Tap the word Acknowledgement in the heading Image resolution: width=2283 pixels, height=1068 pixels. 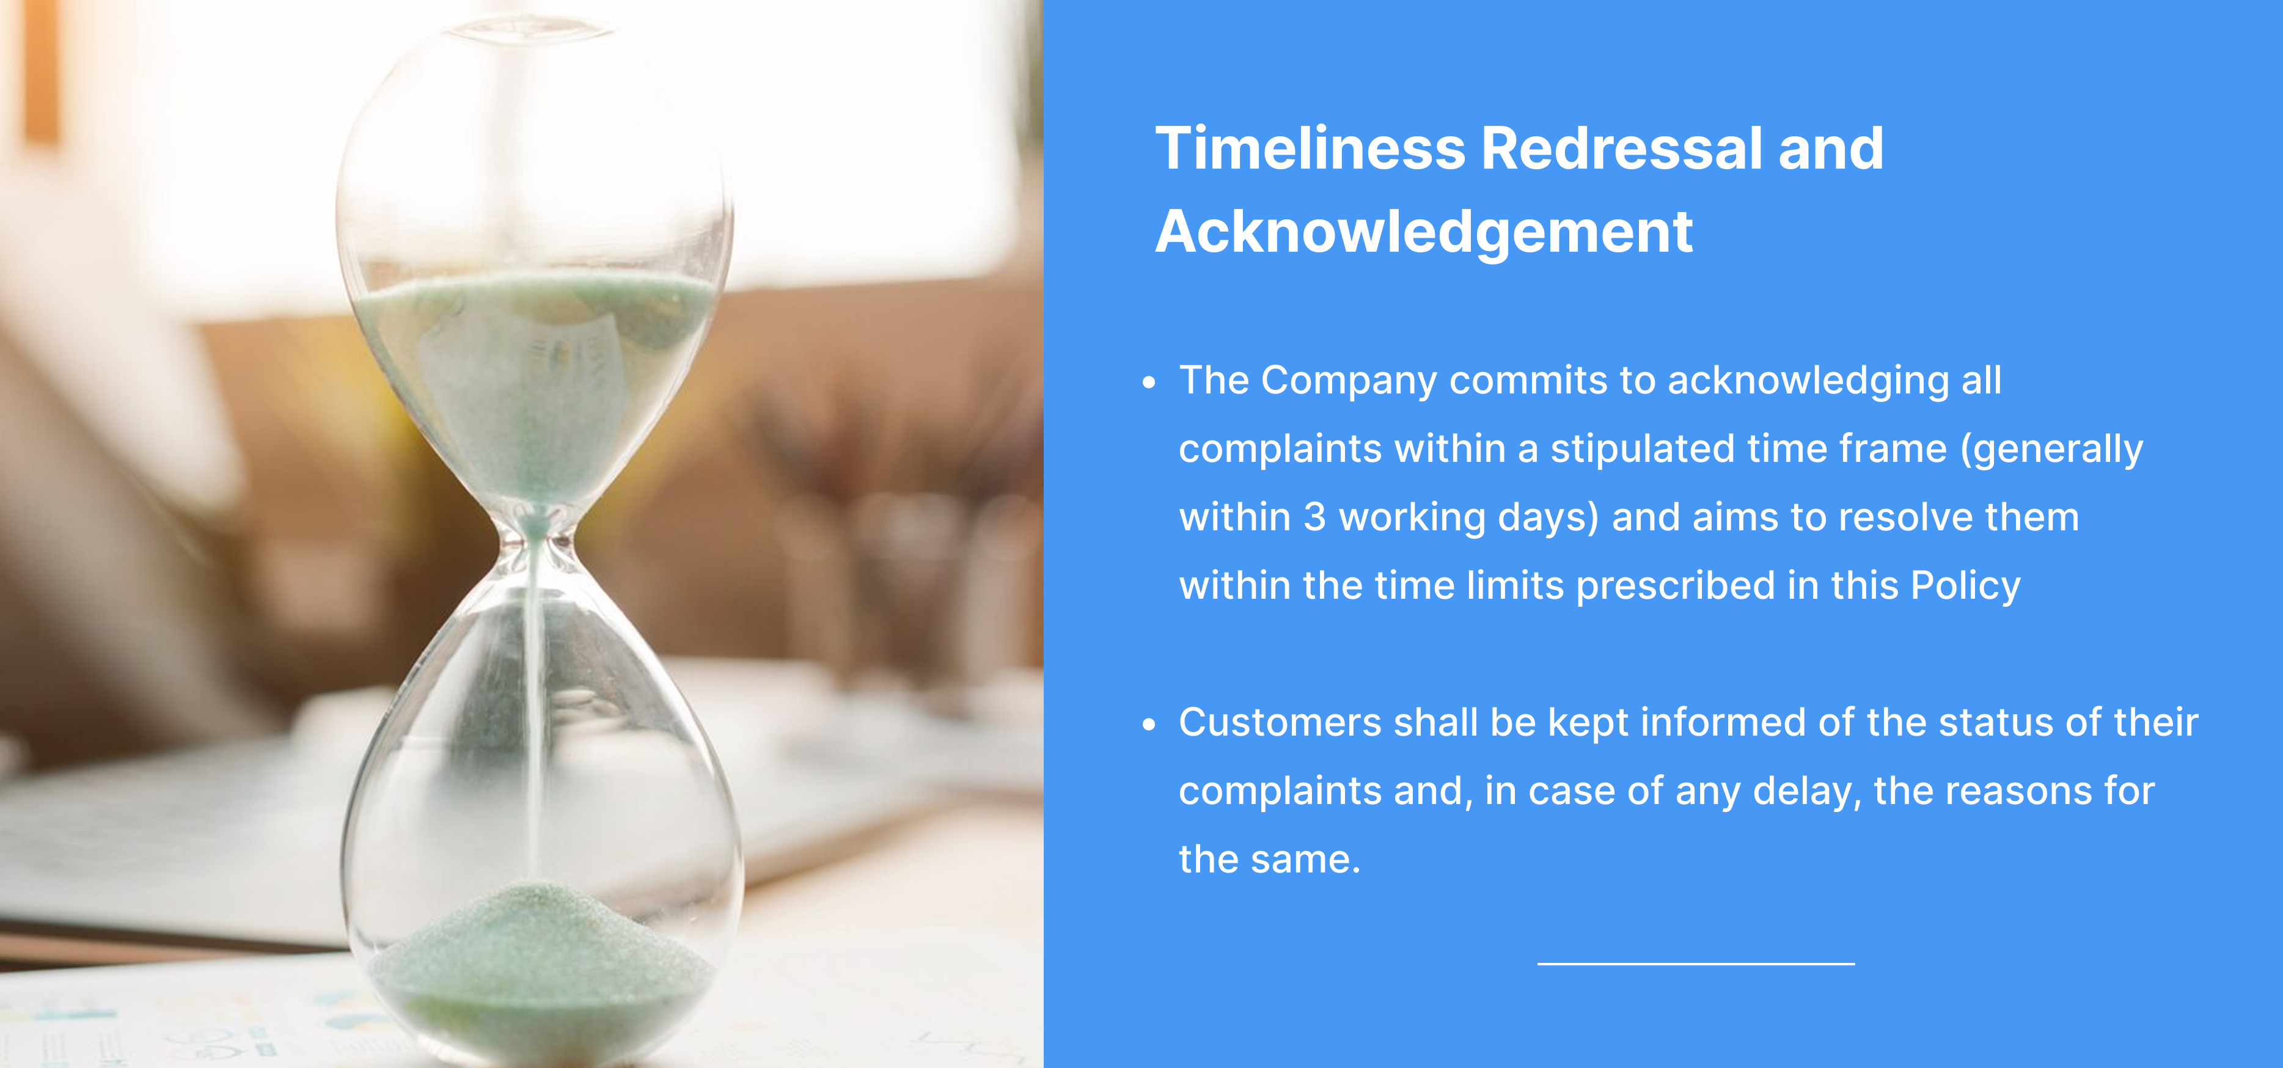coord(1424,232)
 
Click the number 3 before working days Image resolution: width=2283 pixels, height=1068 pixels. coord(1314,518)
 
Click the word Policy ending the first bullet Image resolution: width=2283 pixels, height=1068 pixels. coord(1966,587)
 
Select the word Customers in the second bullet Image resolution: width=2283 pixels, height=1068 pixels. coord(1280,722)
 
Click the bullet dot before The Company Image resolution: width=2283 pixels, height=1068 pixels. coord(1149,383)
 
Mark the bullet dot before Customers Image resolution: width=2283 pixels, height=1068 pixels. coord(1149,724)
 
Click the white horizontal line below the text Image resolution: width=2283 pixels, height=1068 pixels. coord(1696,964)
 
